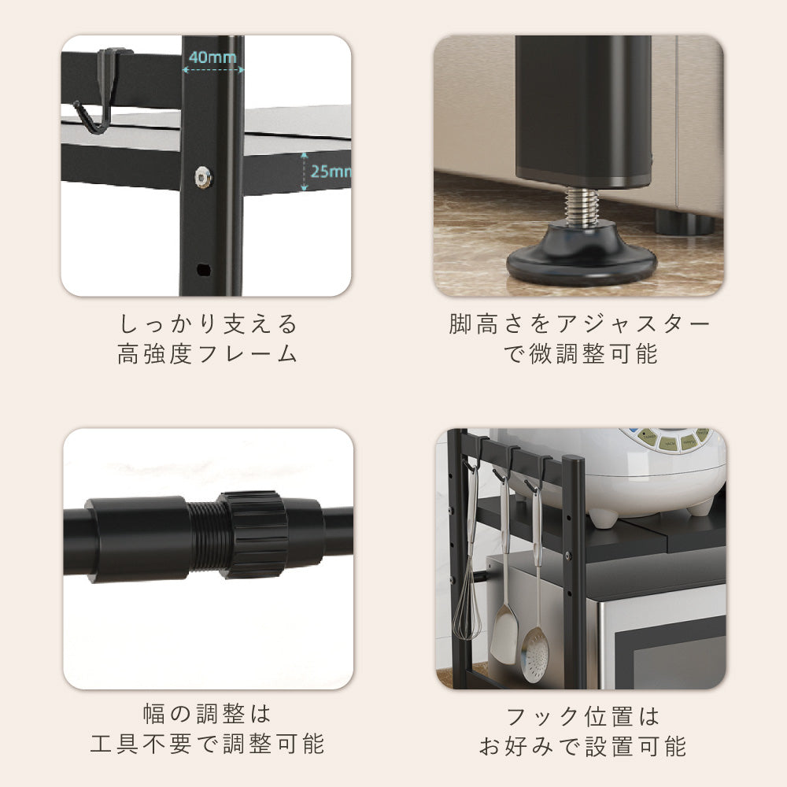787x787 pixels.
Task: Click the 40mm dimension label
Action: click(212, 57)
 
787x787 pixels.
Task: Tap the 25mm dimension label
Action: click(331, 171)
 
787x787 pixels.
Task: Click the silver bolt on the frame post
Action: click(203, 177)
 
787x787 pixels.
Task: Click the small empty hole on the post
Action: click(203, 269)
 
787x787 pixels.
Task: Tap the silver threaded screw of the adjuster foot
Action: click(582, 206)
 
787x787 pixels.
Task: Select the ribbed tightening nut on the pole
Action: click(253, 534)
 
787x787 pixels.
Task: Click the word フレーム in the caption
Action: click(248, 354)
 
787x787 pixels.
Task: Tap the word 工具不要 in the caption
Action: click(142, 744)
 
